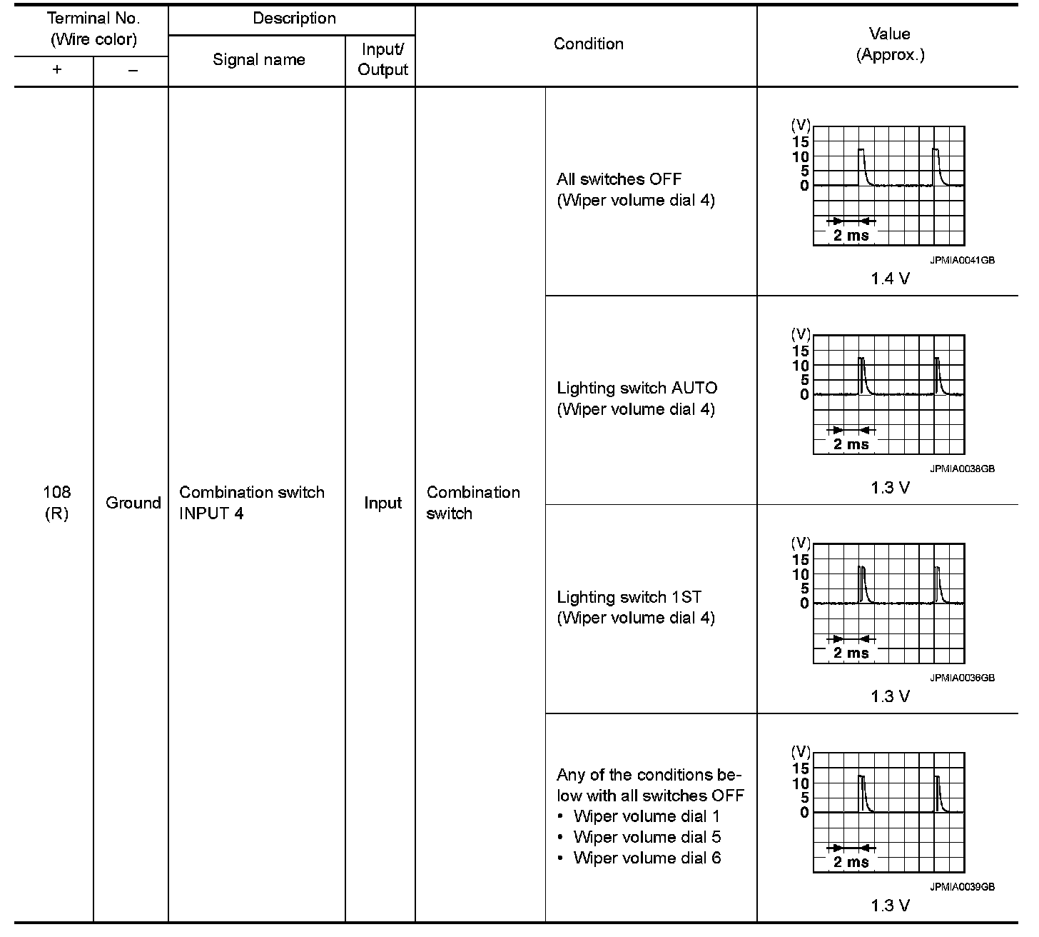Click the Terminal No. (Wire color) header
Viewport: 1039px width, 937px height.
click(x=93, y=29)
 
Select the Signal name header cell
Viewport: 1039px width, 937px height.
click(x=258, y=60)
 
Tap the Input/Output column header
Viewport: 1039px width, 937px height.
click(x=382, y=60)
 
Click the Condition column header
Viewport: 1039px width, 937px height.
click(x=588, y=44)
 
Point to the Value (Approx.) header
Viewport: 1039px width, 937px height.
click(x=890, y=44)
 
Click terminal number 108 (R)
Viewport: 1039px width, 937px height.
click(x=56, y=503)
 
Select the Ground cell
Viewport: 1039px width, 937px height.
click(x=133, y=503)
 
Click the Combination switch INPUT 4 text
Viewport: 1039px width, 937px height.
click(x=251, y=503)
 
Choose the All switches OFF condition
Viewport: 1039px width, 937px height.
click(x=619, y=179)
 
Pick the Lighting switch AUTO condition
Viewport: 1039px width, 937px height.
click(x=637, y=389)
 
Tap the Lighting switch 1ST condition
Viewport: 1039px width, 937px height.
click(x=629, y=597)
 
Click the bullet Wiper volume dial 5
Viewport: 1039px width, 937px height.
click(x=647, y=837)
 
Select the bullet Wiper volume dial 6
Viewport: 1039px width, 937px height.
click(x=647, y=858)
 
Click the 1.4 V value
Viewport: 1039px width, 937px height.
click(x=890, y=279)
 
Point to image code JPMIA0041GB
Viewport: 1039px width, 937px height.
click(x=962, y=261)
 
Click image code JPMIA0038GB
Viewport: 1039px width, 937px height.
click(x=962, y=469)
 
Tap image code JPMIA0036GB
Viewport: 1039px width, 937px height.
click(x=962, y=678)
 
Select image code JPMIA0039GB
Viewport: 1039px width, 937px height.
click(x=962, y=887)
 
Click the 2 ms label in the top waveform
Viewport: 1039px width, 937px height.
click(x=851, y=236)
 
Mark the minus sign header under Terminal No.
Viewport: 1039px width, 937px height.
click(x=133, y=71)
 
